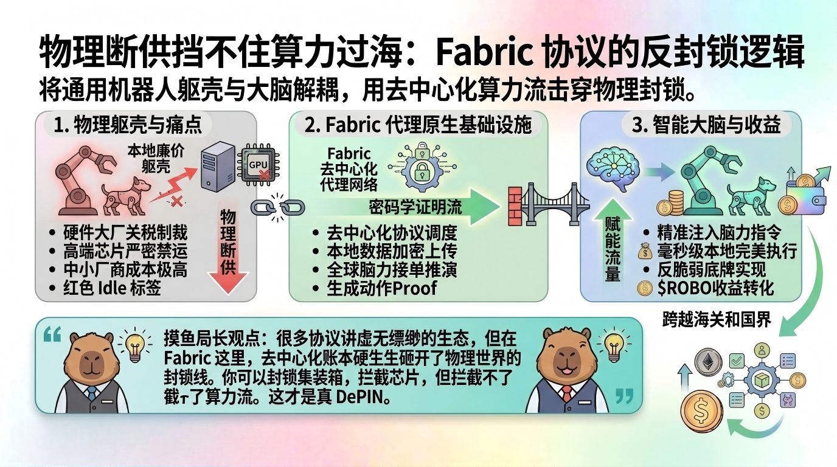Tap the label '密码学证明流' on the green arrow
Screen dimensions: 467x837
click(415, 207)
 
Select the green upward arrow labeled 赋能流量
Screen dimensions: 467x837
click(613, 248)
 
